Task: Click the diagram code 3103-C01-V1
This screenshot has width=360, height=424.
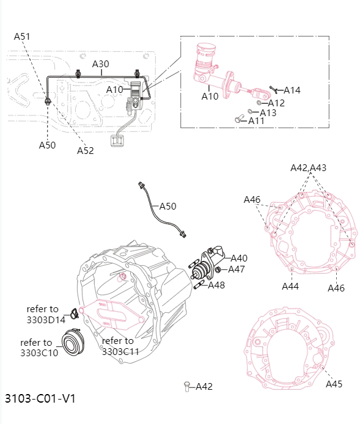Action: pos(40,398)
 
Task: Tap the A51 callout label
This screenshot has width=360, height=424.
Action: pos(22,37)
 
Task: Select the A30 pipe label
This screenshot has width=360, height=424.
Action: pos(100,64)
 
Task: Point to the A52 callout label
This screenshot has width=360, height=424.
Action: pos(85,151)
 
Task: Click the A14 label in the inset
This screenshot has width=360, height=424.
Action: pos(292,90)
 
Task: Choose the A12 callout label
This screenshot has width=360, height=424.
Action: pos(276,103)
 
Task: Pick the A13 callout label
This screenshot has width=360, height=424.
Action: pos(268,112)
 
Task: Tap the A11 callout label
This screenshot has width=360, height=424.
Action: pos(256,121)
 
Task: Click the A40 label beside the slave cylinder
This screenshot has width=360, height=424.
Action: pos(239,258)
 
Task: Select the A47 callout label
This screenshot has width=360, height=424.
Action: pos(237,269)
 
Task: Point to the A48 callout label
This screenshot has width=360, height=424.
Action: pos(216,285)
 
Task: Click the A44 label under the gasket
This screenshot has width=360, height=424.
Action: pos(290,286)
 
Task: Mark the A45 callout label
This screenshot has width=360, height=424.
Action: pos(334,384)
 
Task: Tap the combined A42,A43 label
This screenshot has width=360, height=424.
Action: pos(308,168)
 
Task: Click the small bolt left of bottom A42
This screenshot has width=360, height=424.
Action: pos(186,386)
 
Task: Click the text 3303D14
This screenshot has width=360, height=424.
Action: pos(46,319)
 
